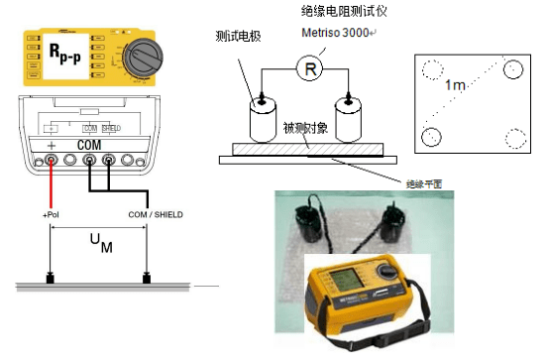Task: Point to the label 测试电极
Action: click(x=238, y=37)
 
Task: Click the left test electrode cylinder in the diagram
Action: click(x=264, y=120)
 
